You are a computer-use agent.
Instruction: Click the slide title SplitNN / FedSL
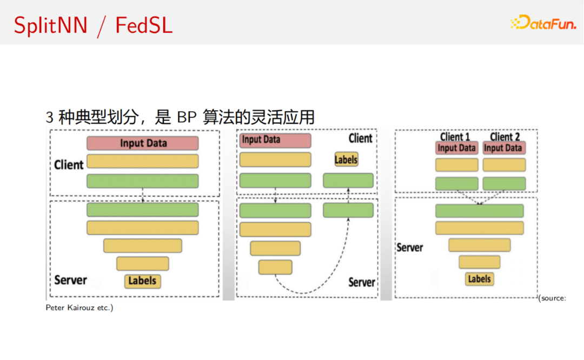(x=93, y=25)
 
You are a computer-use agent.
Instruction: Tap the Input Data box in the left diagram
(x=143, y=143)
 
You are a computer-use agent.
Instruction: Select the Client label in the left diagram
(x=69, y=164)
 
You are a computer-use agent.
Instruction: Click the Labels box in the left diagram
(x=143, y=281)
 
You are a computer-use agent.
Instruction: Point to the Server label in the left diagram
(x=70, y=280)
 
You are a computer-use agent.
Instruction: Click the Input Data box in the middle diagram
(x=275, y=140)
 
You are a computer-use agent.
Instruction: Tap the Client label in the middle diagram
(x=360, y=138)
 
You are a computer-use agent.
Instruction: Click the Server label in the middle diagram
(x=361, y=282)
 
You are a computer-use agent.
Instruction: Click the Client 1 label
(x=455, y=137)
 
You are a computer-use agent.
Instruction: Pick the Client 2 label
(x=505, y=137)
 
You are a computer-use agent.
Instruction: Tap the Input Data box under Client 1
(x=456, y=148)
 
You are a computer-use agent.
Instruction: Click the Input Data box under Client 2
(x=503, y=148)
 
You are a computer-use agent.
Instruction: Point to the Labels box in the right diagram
(x=479, y=279)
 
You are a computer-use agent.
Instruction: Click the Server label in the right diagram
(x=410, y=247)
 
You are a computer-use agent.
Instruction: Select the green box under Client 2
(x=504, y=183)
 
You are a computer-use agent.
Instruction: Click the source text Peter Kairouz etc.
(x=79, y=308)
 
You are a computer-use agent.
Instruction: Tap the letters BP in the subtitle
(x=186, y=117)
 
